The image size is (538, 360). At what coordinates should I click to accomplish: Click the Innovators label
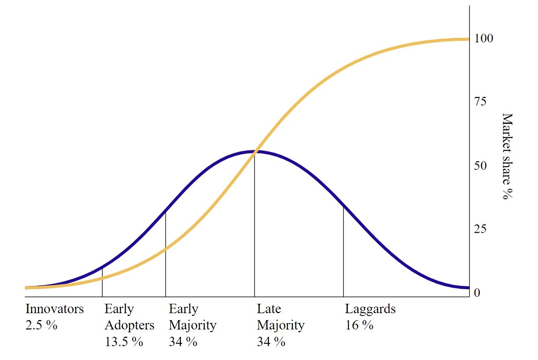pyautogui.click(x=55, y=309)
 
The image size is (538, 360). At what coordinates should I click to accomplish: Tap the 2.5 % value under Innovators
pyautogui.click(x=41, y=325)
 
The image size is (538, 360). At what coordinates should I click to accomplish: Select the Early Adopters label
pyautogui.click(x=129, y=317)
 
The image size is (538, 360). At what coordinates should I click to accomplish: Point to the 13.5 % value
pyautogui.click(x=124, y=341)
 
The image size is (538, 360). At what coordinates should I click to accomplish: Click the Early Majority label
pyautogui.click(x=192, y=317)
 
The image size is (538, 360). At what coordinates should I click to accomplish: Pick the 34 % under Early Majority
pyautogui.click(x=183, y=341)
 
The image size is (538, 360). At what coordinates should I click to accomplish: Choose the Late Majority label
pyautogui.click(x=280, y=317)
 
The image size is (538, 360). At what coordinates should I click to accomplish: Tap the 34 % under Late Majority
pyautogui.click(x=271, y=341)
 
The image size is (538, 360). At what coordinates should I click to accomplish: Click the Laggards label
pyautogui.click(x=370, y=309)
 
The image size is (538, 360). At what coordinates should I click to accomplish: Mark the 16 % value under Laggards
pyautogui.click(x=359, y=325)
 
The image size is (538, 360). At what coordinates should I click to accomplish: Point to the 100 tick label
pyautogui.click(x=483, y=39)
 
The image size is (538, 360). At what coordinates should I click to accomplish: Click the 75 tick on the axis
pyautogui.click(x=480, y=102)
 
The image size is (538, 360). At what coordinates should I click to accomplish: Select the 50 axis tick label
pyautogui.click(x=480, y=166)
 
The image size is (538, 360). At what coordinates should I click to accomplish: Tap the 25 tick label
pyautogui.click(x=480, y=230)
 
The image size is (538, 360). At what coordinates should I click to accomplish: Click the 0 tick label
pyautogui.click(x=477, y=293)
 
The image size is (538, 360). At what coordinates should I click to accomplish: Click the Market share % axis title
pyautogui.click(x=506, y=156)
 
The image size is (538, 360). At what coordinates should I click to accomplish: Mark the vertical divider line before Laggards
pyautogui.click(x=343, y=252)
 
